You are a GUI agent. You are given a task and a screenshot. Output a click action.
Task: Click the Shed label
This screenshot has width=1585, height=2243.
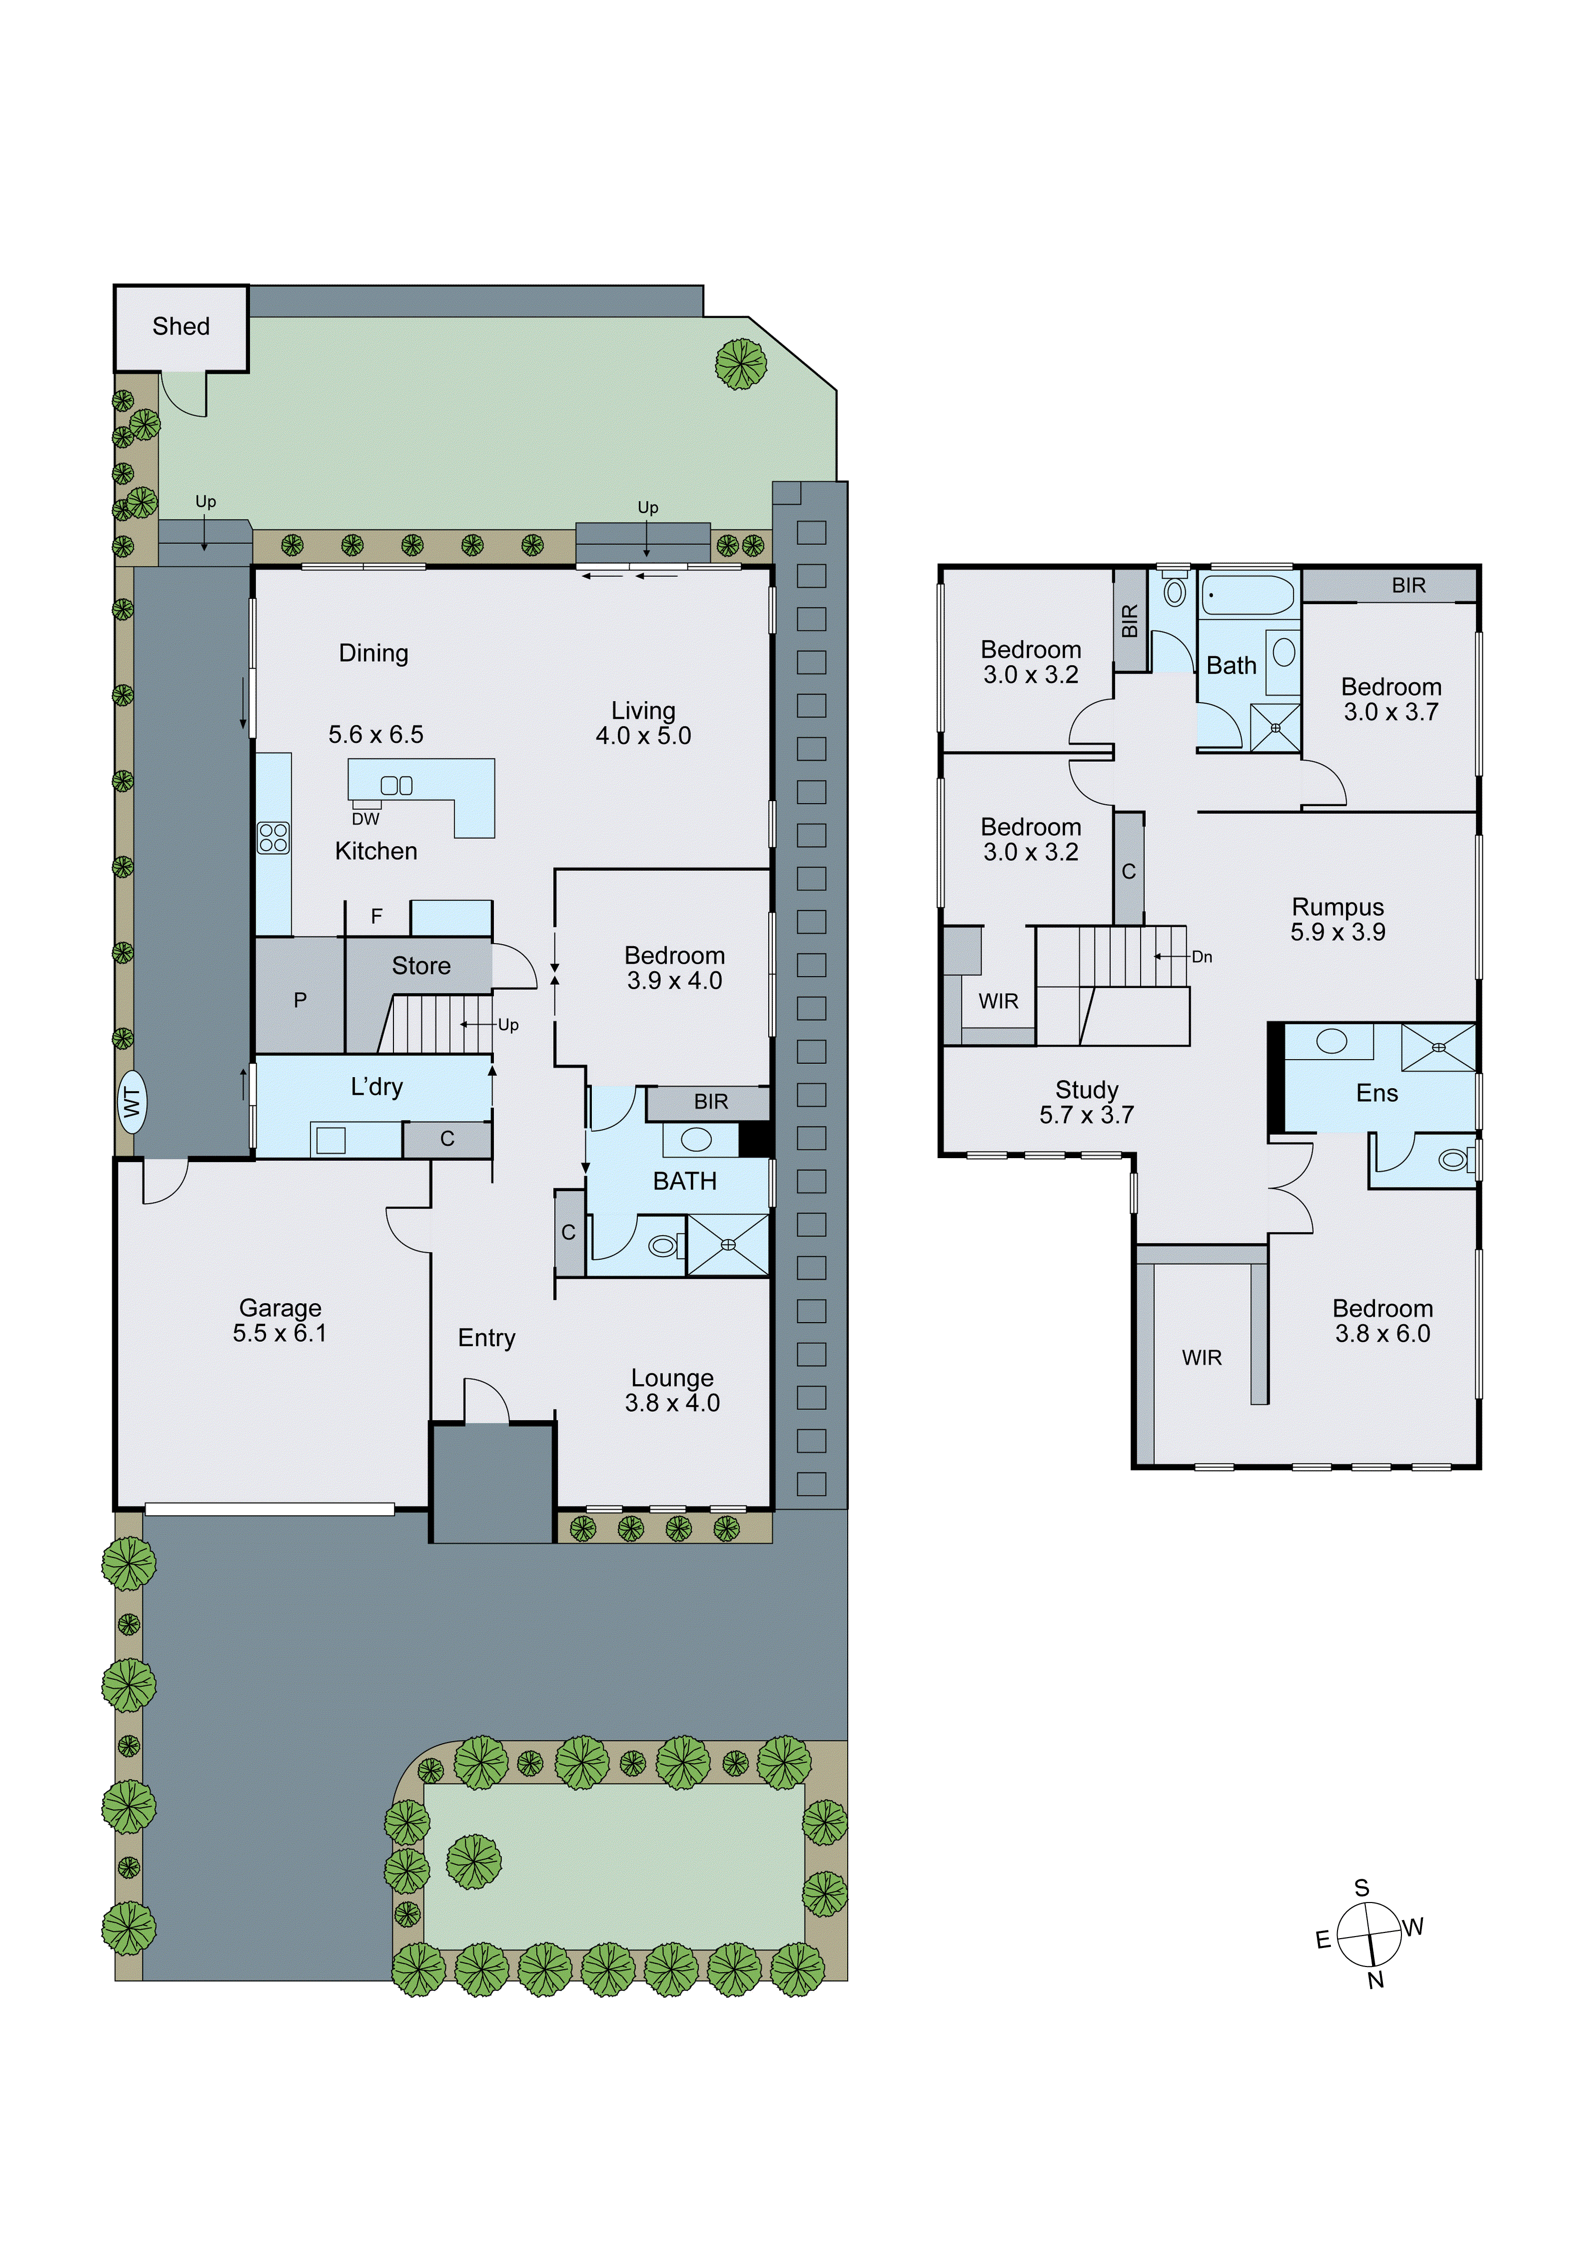click(180, 327)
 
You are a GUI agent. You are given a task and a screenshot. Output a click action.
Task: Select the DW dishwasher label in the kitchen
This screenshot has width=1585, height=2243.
click(365, 819)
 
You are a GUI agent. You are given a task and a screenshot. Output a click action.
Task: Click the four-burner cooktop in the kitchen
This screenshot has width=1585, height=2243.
click(273, 838)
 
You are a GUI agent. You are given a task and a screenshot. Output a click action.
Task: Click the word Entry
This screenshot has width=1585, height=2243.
click(486, 1338)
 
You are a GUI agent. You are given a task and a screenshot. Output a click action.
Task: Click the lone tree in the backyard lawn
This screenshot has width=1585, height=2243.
click(740, 364)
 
